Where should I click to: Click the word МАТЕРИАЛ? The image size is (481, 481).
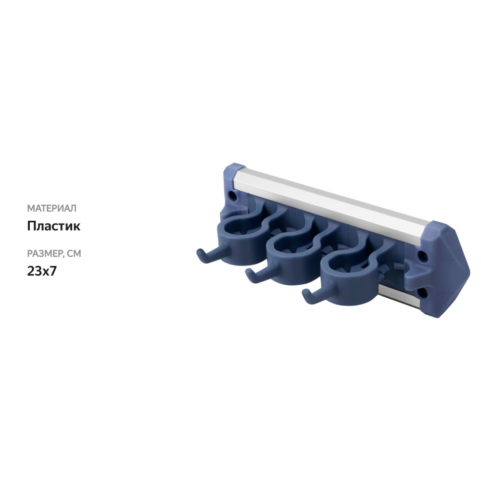[x=51, y=208]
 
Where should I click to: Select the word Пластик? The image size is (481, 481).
[x=53, y=226]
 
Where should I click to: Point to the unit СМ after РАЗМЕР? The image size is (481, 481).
[x=74, y=253]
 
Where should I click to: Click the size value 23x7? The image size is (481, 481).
[x=42, y=271]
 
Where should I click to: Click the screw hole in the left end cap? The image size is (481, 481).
[x=233, y=197]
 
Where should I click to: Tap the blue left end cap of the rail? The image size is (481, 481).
[x=230, y=183]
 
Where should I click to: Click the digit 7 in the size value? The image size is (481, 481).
[x=53, y=271]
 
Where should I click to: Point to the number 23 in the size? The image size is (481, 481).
[x=34, y=271]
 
